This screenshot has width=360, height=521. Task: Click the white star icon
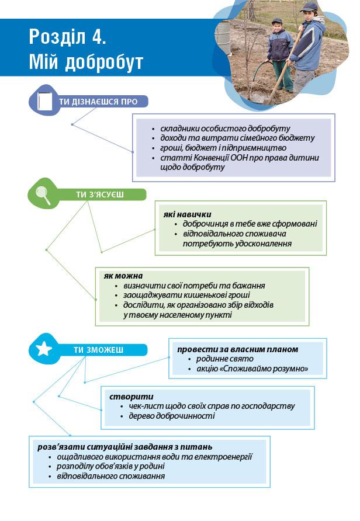[44, 350]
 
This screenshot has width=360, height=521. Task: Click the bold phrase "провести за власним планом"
[238, 349]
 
